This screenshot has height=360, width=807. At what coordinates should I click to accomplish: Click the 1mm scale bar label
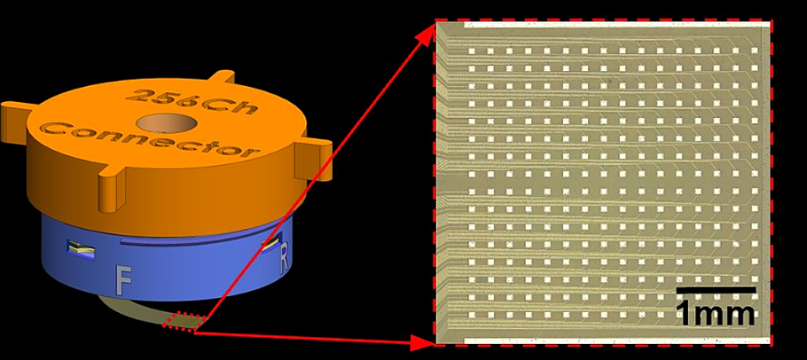point(716,313)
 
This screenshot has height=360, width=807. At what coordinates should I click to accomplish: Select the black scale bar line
point(716,291)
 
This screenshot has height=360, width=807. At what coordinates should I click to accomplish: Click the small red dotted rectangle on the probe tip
point(185,321)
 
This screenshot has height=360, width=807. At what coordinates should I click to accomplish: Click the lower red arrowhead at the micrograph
point(424,341)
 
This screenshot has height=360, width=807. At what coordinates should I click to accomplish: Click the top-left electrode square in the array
point(471,51)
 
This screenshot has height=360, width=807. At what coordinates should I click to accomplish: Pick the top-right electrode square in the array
point(755,51)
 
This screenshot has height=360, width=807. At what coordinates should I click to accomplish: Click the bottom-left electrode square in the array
point(471,315)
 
